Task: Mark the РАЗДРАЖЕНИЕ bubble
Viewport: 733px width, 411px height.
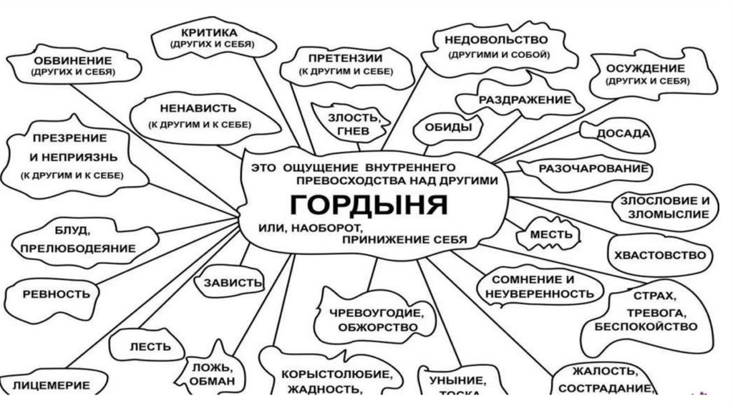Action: pos(525,100)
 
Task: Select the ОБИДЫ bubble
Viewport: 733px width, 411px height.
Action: pos(448,127)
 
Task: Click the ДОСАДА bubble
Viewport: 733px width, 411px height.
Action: pos(624,134)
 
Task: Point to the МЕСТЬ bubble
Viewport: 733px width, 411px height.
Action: pos(550,234)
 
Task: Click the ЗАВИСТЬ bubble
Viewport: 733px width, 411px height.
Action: pos(233,282)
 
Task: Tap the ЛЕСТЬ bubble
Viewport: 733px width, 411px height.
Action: pos(150,347)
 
